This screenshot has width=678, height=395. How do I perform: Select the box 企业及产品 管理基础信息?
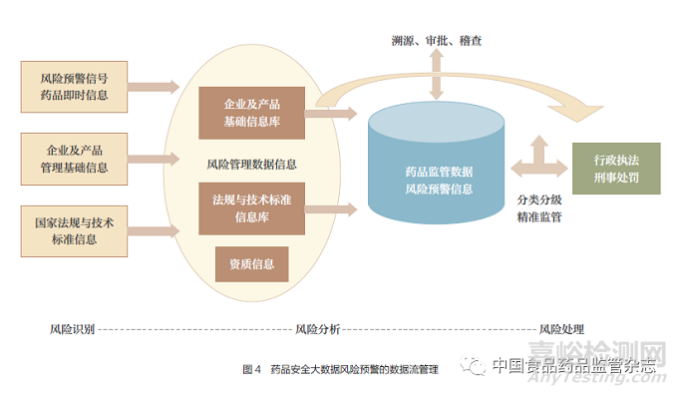75,158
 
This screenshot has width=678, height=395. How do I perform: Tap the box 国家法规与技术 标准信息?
75,230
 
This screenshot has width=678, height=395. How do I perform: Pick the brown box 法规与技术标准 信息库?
250,207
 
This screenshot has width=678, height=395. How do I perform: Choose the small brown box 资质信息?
251,263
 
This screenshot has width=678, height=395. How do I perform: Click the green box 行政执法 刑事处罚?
615,170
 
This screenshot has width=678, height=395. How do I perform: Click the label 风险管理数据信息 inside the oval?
250,162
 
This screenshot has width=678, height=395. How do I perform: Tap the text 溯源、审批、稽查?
437,41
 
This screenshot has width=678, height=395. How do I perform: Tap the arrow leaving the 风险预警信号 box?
159,87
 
